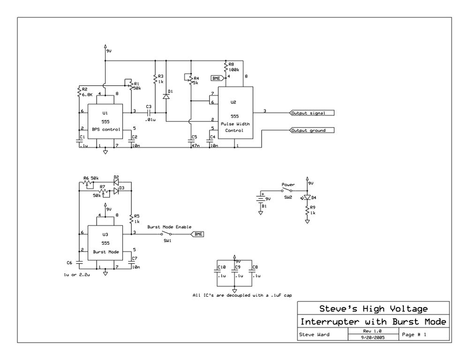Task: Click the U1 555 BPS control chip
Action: pyautogui.click(x=105, y=121)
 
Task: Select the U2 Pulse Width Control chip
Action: pyautogui.click(x=234, y=116)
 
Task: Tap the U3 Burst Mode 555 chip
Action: pyautogui.click(x=105, y=243)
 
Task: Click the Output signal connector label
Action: pyautogui.click(x=312, y=113)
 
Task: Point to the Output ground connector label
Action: pyautogui.click(x=312, y=130)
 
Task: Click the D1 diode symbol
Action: pyautogui.click(x=166, y=96)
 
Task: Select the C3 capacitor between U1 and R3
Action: pyautogui.click(x=149, y=112)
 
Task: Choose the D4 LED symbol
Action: pyautogui.click(x=307, y=197)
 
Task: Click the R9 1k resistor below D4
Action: pyautogui.click(x=307, y=212)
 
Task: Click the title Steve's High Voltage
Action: pyautogui.click(x=373, y=309)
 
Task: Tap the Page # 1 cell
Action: pyautogui.click(x=414, y=334)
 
